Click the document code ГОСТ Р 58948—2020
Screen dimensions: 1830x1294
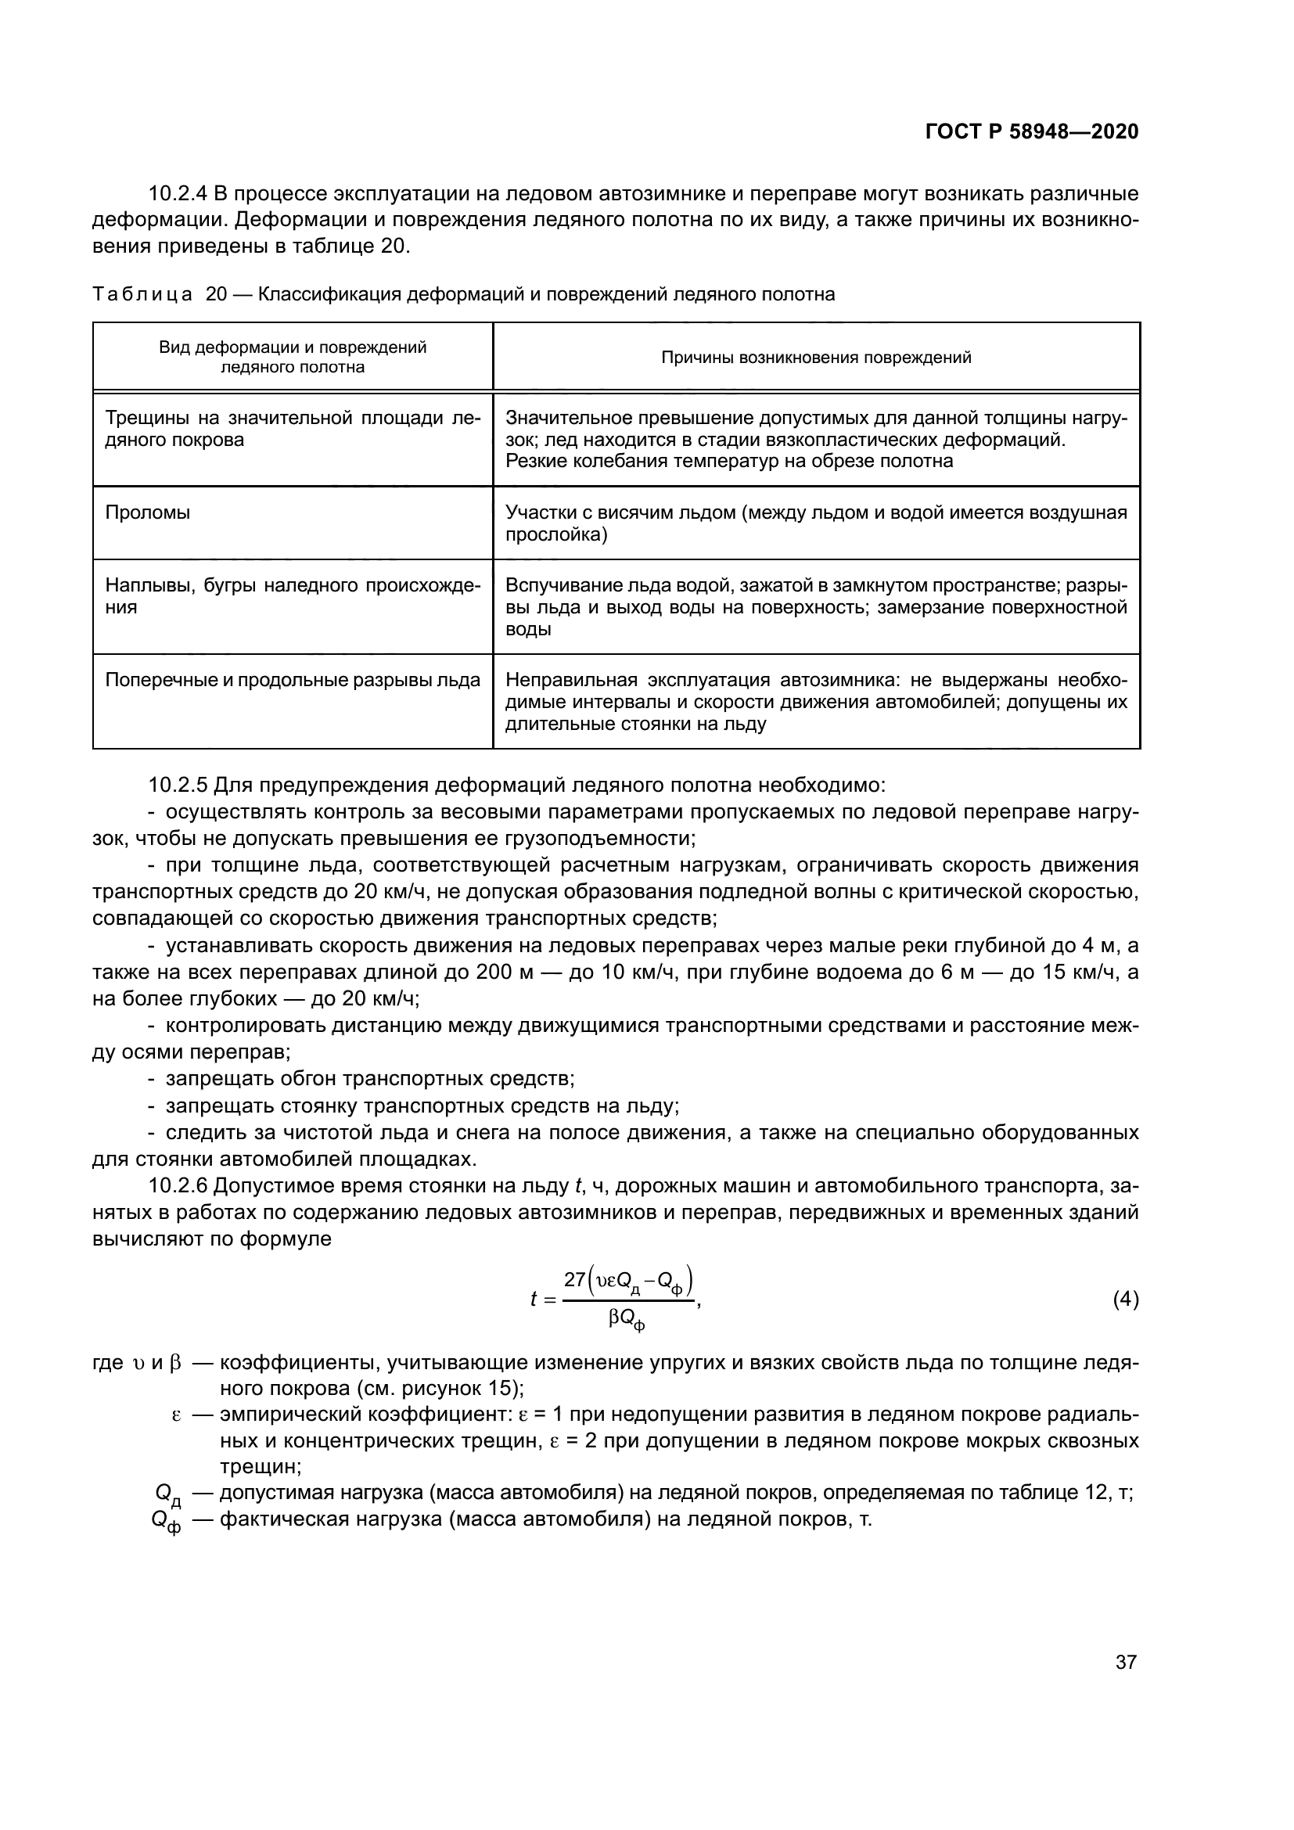[1031, 131]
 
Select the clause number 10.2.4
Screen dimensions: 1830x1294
[178, 194]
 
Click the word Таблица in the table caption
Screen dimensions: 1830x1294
[142, 294]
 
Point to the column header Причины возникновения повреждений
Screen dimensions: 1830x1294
[816, 357]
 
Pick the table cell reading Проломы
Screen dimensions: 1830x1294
[147, 512]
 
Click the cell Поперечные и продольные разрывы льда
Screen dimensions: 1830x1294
[293, 680]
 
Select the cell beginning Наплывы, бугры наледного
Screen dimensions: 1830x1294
[293, 596]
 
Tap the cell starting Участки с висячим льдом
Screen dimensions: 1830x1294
[816, 523]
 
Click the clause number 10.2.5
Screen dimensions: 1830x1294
[178, 785]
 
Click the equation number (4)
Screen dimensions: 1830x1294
[1125, 1300]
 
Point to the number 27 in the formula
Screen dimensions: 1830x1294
[574, 1280]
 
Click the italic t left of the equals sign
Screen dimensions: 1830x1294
[533, 1300]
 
